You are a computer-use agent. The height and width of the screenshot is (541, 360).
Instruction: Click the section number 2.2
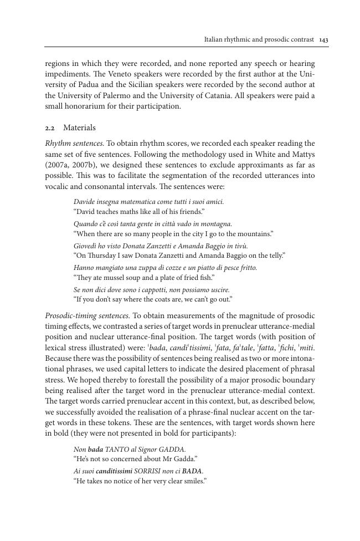coord(50,128)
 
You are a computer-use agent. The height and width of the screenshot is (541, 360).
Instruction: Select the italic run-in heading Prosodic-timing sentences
coord(87,315)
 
